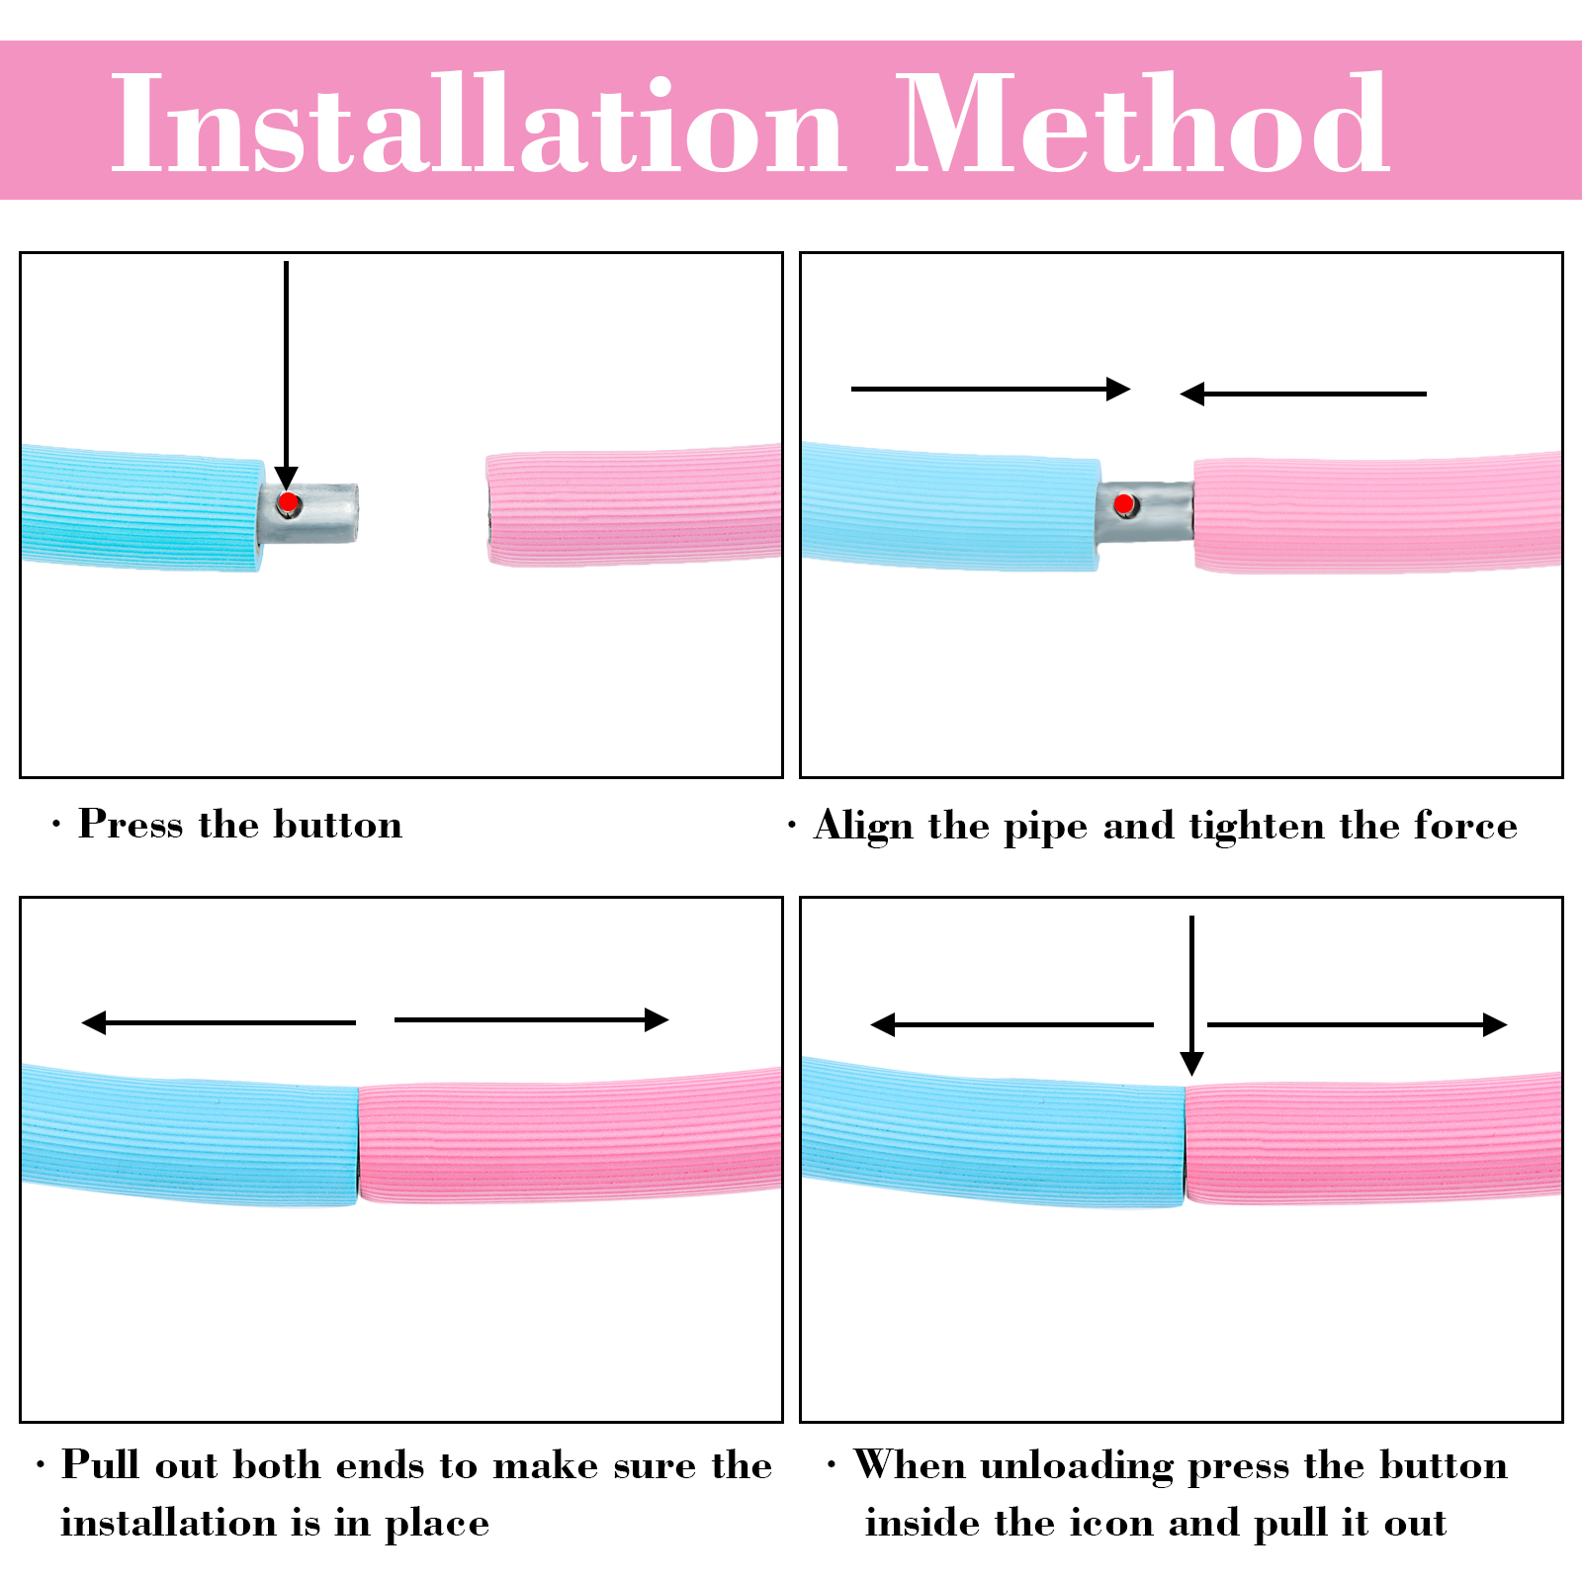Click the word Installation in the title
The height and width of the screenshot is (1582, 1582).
478,124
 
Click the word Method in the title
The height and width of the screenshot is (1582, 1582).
1143,124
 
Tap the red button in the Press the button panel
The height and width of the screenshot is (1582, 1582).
288,503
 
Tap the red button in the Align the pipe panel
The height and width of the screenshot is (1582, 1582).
1124,505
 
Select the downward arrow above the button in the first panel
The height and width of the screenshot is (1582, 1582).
287,376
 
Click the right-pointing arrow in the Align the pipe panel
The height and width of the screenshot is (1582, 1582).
991,389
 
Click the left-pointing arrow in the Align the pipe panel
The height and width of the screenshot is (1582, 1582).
1303,394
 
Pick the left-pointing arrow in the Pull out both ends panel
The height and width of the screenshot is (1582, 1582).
219,1022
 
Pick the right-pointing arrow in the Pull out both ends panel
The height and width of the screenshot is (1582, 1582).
532,1019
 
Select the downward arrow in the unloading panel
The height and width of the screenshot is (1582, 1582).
1192,995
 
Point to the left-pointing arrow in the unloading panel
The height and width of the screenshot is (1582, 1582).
1011,1024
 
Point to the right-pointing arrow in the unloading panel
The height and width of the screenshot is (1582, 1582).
1358,1024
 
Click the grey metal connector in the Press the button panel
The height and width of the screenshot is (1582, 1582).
309,513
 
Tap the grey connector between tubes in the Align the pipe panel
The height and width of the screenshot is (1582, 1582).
1145,512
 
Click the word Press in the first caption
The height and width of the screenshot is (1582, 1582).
131,825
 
